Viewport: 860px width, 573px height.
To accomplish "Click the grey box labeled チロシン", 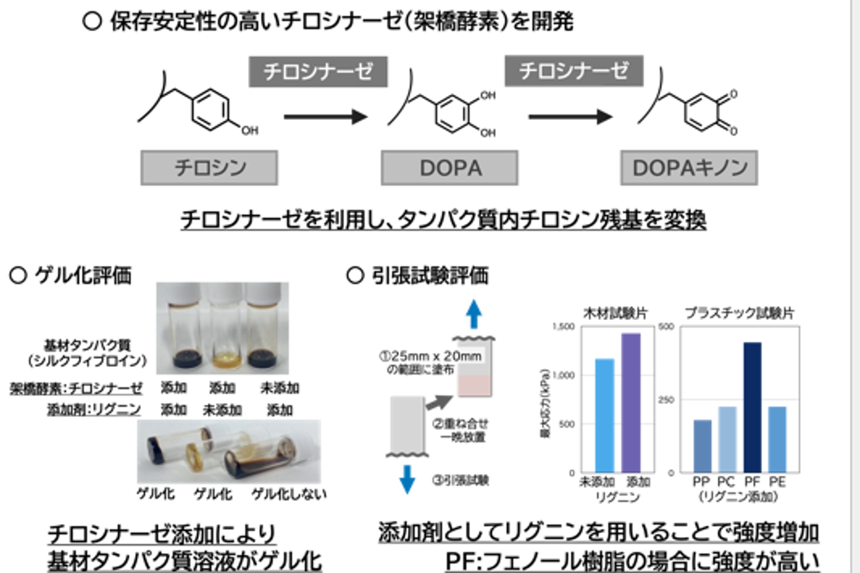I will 209,168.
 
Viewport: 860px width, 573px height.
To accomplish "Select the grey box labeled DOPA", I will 449,168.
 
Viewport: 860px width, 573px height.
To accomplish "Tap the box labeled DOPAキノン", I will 689,168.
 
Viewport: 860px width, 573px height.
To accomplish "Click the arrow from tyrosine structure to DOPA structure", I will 325,117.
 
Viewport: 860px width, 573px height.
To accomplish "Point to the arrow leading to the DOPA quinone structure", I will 570,117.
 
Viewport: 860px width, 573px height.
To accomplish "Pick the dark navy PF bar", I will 753,407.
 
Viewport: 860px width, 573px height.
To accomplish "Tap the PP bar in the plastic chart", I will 703,446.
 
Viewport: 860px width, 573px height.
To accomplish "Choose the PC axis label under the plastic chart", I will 726,482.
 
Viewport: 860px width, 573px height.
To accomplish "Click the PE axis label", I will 777,482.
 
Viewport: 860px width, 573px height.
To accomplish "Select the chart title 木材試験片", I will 616,313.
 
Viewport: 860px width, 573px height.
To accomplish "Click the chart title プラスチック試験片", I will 740,313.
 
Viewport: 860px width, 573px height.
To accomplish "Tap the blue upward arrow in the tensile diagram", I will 474,314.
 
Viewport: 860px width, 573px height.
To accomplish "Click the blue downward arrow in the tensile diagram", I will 407,479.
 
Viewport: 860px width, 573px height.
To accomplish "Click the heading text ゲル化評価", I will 83,275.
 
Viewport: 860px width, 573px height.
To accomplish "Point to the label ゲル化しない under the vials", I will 289,495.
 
